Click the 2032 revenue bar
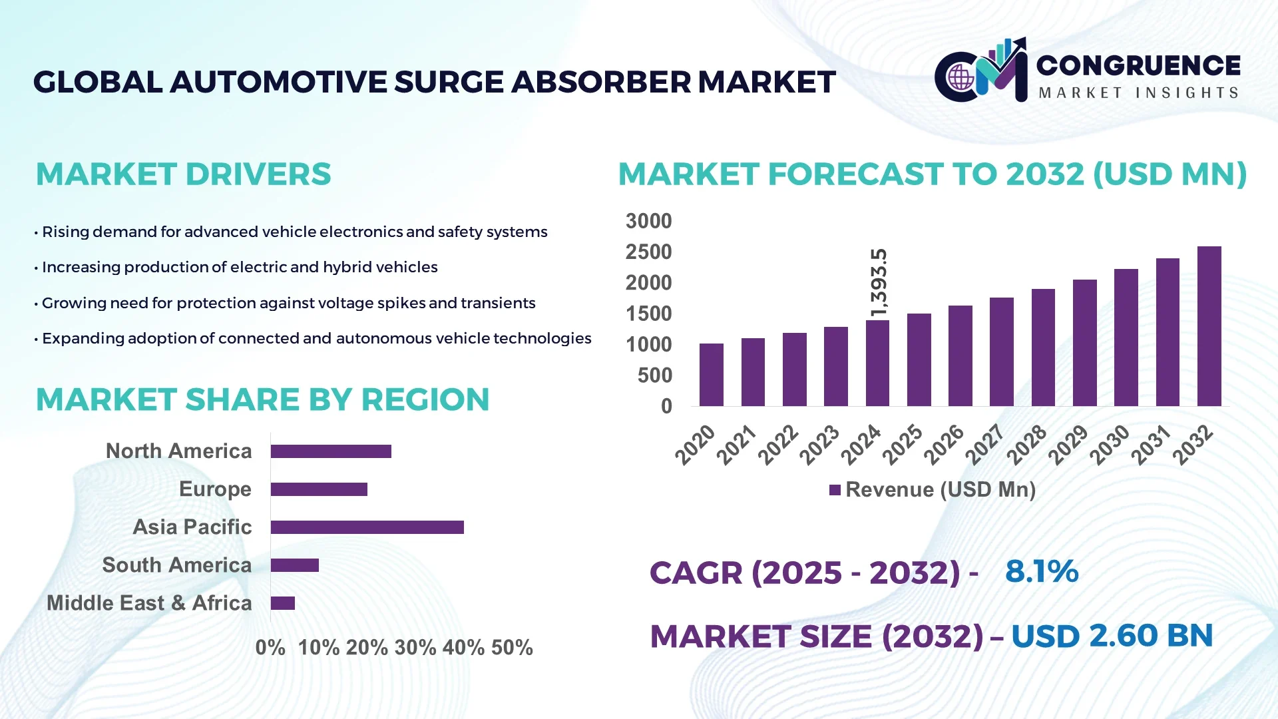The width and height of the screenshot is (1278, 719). [1209, 326]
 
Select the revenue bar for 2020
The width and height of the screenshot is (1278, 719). [711, 375]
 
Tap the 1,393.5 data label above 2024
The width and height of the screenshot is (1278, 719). [879, 282]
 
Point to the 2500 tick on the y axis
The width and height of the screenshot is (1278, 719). [648, 252]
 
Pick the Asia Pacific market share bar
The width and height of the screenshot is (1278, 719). [367, 527]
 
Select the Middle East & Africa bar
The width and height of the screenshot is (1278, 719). [282, 603]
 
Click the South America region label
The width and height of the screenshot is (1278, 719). [176, 565]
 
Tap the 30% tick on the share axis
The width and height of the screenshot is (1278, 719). [415, 648]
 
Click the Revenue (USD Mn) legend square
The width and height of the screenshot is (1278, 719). [835, 491]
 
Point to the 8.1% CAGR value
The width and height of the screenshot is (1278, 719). [1041, 572]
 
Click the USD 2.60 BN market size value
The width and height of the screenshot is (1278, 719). [1112, 636]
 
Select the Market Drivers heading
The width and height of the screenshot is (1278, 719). [183, 174]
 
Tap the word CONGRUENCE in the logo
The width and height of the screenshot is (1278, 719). [1138, 65]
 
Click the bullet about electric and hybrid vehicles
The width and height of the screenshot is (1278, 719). [240, 267]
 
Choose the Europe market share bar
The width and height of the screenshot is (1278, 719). [319, 489]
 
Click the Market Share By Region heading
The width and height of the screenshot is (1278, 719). [262, 399]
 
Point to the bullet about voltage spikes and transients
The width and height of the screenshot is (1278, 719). [288, 303]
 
